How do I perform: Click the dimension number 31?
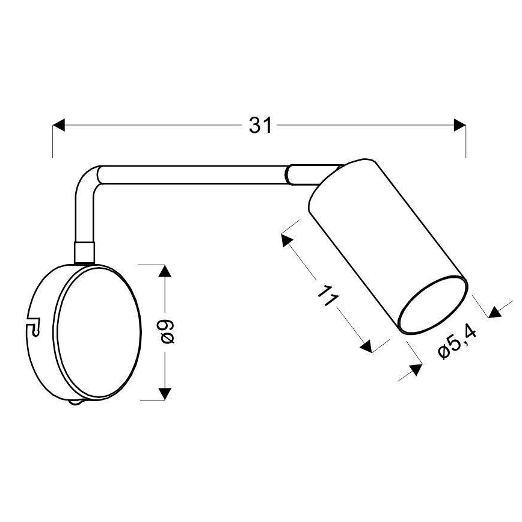[260, 125]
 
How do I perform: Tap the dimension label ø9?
[168, 332]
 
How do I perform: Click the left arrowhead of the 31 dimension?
[59, 125]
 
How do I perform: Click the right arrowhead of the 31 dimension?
[460, 125]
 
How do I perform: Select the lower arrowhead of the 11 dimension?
[366, 345]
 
